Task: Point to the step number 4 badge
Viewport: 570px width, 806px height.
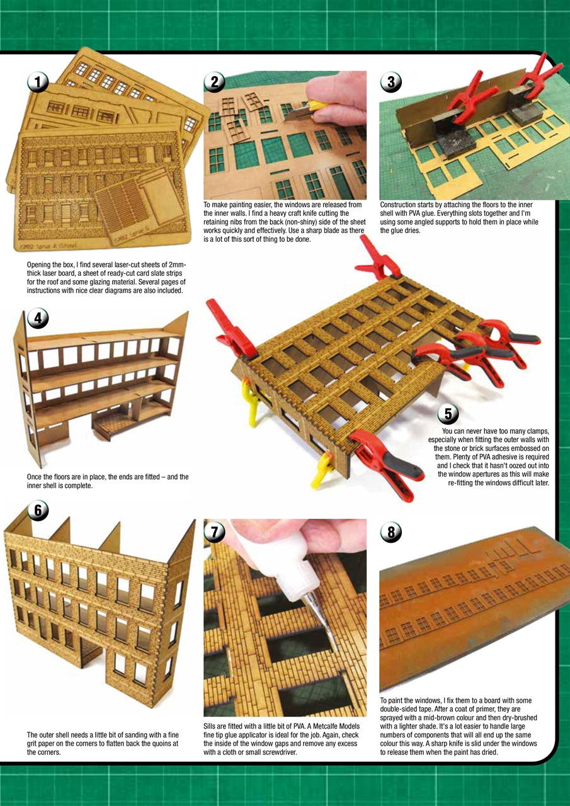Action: tap(38, 319)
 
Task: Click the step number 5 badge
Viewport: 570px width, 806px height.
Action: tap(448, 414)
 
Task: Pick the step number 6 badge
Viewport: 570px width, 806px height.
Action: tap(38, 511)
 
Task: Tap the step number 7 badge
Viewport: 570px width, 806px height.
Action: tap(215, 532)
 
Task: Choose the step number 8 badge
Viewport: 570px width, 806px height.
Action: tap(391, 532)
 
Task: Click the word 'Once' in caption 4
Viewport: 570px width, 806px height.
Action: tap(35, 477)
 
